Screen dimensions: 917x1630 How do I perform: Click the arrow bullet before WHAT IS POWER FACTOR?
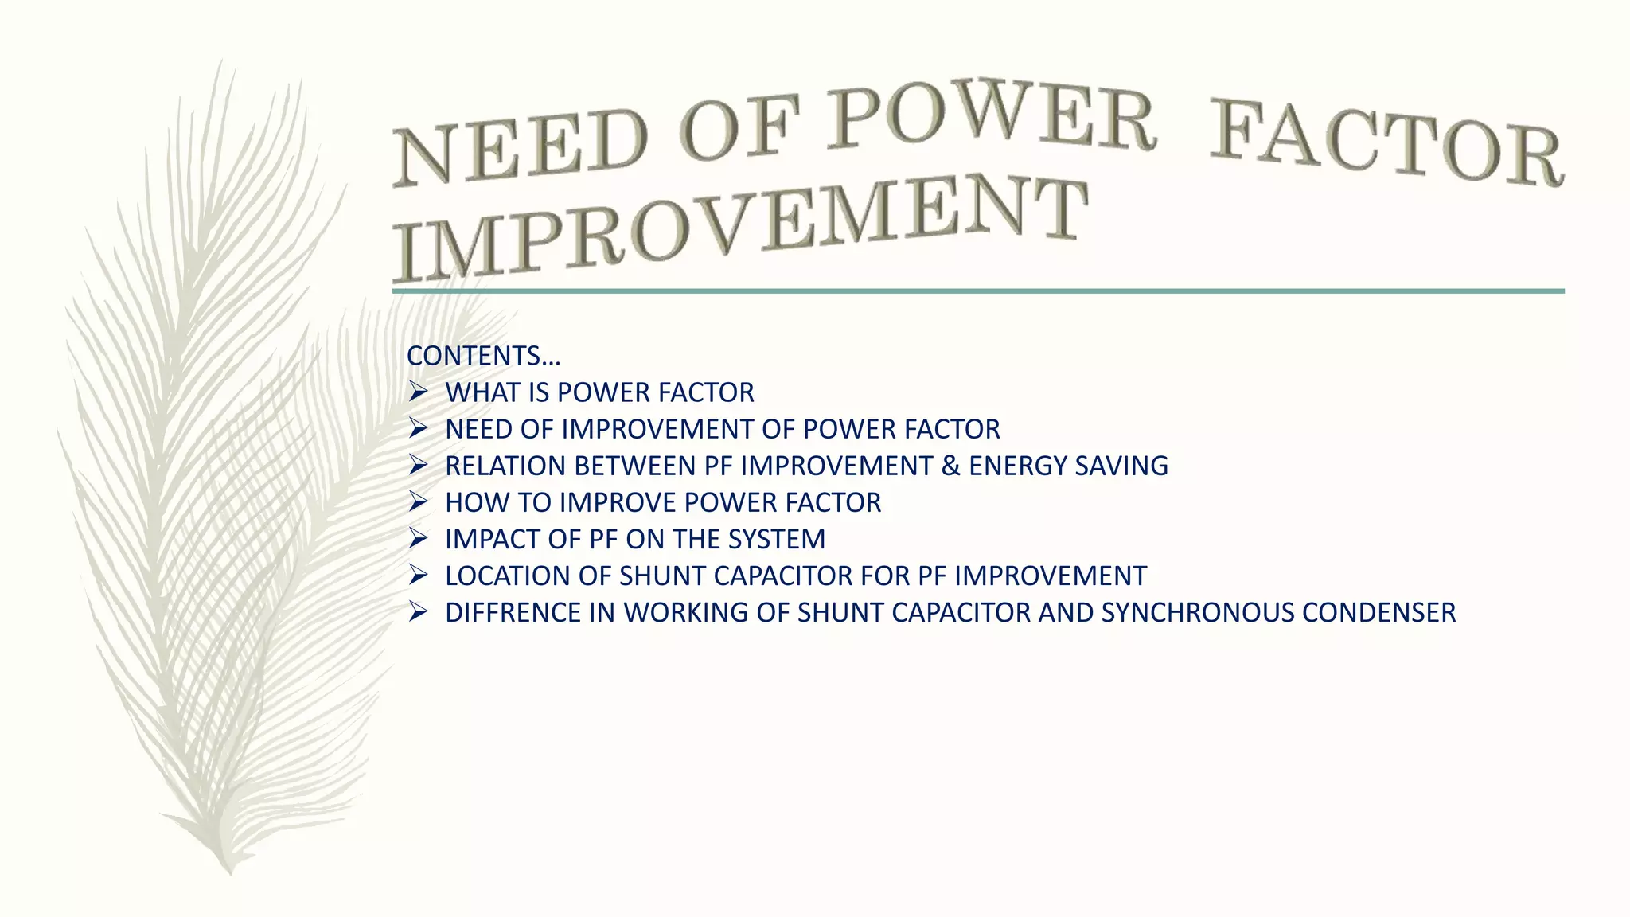tap(419, 392)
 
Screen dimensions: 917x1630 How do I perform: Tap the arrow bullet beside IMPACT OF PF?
tap(419, 539)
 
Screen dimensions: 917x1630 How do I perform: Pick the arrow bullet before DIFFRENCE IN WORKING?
tap(419, 612)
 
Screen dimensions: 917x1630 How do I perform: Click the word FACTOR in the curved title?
tap(1386, 147)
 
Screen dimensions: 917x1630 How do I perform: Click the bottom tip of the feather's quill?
tap(230, 872)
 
